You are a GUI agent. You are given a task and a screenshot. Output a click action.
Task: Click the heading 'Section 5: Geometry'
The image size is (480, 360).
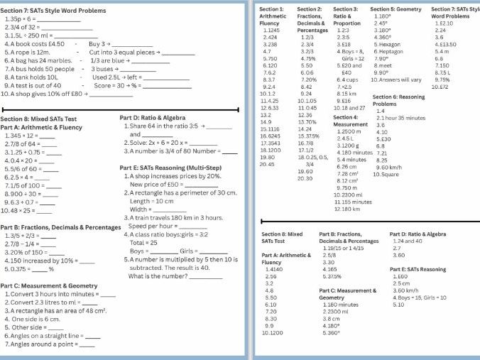[x=396, y=9]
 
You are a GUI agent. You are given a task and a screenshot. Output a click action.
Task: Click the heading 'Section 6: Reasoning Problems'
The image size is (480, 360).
[x=398, y=100]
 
